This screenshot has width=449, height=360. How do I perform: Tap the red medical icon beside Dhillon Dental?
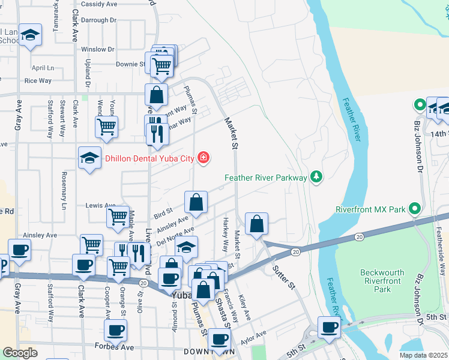pyautogui.click(x=205, y=158)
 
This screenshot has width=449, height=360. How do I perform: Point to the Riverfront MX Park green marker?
pyautogui.click(x=414, y=209)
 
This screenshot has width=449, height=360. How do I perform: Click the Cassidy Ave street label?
pyautogui.click(x=98, y=4)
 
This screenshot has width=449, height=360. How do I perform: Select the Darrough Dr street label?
pyautogui.click(x=98, y=20)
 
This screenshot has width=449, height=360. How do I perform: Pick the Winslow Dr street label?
pyautogui.click(x=97, y=49)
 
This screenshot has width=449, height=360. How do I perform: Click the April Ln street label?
pyautogui.click(x=43, y=68)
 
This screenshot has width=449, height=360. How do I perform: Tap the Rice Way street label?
pyautogui.click(x=38, y=80)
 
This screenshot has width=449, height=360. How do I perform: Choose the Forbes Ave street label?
pyautogui.click(x=113, y=346)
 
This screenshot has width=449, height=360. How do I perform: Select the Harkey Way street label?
pyautogui.click(x=226, y=235)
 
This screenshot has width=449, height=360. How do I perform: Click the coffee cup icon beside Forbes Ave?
pyautogui.click(x=115, y=329)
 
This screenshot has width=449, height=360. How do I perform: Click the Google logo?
pyautogui.click(x=20, y=353)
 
